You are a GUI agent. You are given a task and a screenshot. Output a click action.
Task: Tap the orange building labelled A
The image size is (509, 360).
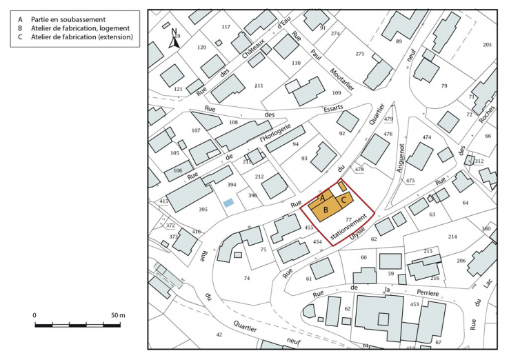pos(323,197)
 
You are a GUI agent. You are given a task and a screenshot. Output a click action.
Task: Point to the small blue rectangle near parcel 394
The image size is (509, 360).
pos(228,203)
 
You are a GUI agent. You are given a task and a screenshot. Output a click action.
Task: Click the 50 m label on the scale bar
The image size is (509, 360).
pos(117,315)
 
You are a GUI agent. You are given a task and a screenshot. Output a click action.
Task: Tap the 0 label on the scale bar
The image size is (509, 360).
pos(35,315)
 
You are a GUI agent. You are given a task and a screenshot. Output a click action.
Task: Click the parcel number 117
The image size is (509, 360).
pos(226,27)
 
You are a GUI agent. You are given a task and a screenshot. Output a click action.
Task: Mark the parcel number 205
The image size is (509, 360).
pos(487,45)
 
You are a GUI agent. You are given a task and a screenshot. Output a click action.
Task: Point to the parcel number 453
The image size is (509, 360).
pos(415,303)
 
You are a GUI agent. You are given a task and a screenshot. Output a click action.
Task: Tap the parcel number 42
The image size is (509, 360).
pos(219,335)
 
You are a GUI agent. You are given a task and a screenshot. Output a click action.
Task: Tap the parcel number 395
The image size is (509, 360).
pos(203,209)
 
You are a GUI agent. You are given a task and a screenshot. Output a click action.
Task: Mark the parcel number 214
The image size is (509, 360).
pos(452,237)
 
